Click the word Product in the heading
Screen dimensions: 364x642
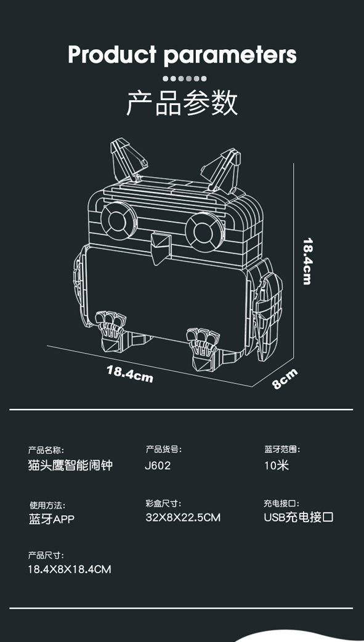click(112, 54)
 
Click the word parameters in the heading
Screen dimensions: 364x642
click(230, 55)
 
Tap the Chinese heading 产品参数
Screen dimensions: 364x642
click(182, 103)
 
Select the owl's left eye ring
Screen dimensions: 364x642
click(119, 221)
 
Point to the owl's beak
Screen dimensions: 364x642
click(160, 248)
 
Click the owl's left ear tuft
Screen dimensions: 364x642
click(127, 160)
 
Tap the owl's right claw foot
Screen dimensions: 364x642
click(203, 349)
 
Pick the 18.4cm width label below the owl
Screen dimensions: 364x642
click(130, 374)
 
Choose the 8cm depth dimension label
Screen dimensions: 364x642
click(284, 379)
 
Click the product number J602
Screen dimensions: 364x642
click(158, 466)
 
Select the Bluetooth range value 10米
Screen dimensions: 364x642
click(277, 466)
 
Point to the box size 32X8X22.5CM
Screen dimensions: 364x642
click(183, 518)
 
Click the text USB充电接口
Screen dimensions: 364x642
click(299, 517)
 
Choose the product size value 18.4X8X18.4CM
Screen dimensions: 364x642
click(70, 569)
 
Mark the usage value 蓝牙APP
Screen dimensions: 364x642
click(51, 519)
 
